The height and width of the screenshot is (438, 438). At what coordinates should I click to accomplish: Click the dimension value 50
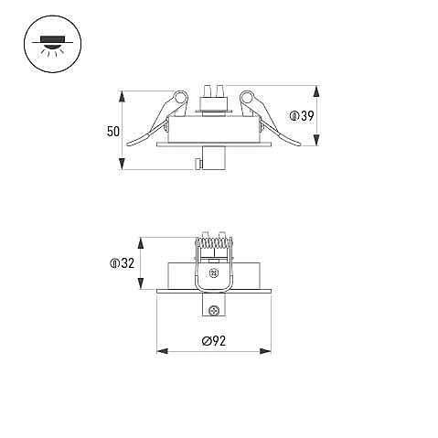click(113, 132)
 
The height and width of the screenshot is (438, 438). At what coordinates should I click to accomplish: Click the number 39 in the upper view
click(307, 116)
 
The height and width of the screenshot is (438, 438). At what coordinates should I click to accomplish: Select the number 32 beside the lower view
click(127, 263)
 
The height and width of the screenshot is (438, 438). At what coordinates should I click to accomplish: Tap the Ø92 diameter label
click(214, 341)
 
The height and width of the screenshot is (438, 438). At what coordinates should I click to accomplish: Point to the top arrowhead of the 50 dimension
click(122, 96)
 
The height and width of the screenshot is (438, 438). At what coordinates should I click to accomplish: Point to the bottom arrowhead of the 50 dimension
click(122, 164)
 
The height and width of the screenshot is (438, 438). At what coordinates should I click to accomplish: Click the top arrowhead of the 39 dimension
click(317, 91)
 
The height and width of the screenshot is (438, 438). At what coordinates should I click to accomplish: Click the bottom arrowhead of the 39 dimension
click(317, 140)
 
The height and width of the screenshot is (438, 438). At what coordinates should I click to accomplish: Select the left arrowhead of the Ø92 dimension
click(162, 351)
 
